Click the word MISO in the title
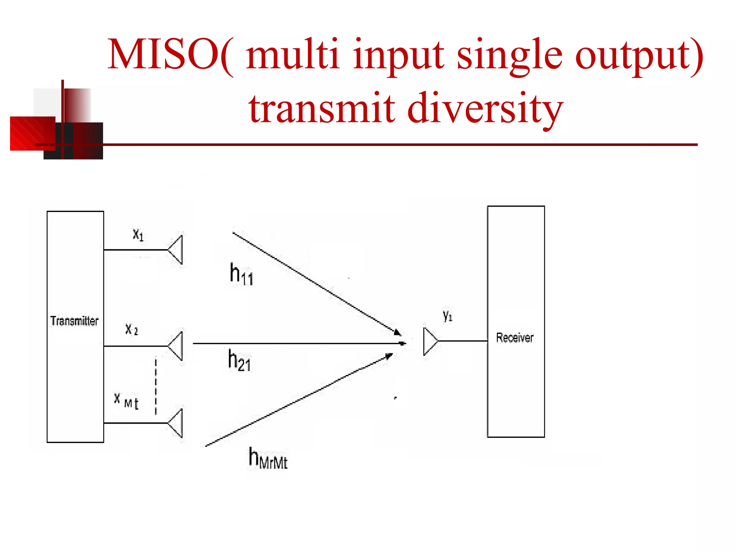pos(164,55)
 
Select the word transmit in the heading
pos(322,108)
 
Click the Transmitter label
pos(74,321)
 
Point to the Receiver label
pos(515,338)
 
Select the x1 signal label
pos(138,235)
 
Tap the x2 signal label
pos(132,329)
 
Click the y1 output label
pos(447,316)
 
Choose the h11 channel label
pos(241,274)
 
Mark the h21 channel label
pos(239,360)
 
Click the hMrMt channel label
pos(268,458)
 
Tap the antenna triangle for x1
pos(176,250)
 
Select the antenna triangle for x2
pos(176,346)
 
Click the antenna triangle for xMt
pos(176,423)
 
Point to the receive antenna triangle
pos(430,341)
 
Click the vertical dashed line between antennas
pos(156,386)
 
